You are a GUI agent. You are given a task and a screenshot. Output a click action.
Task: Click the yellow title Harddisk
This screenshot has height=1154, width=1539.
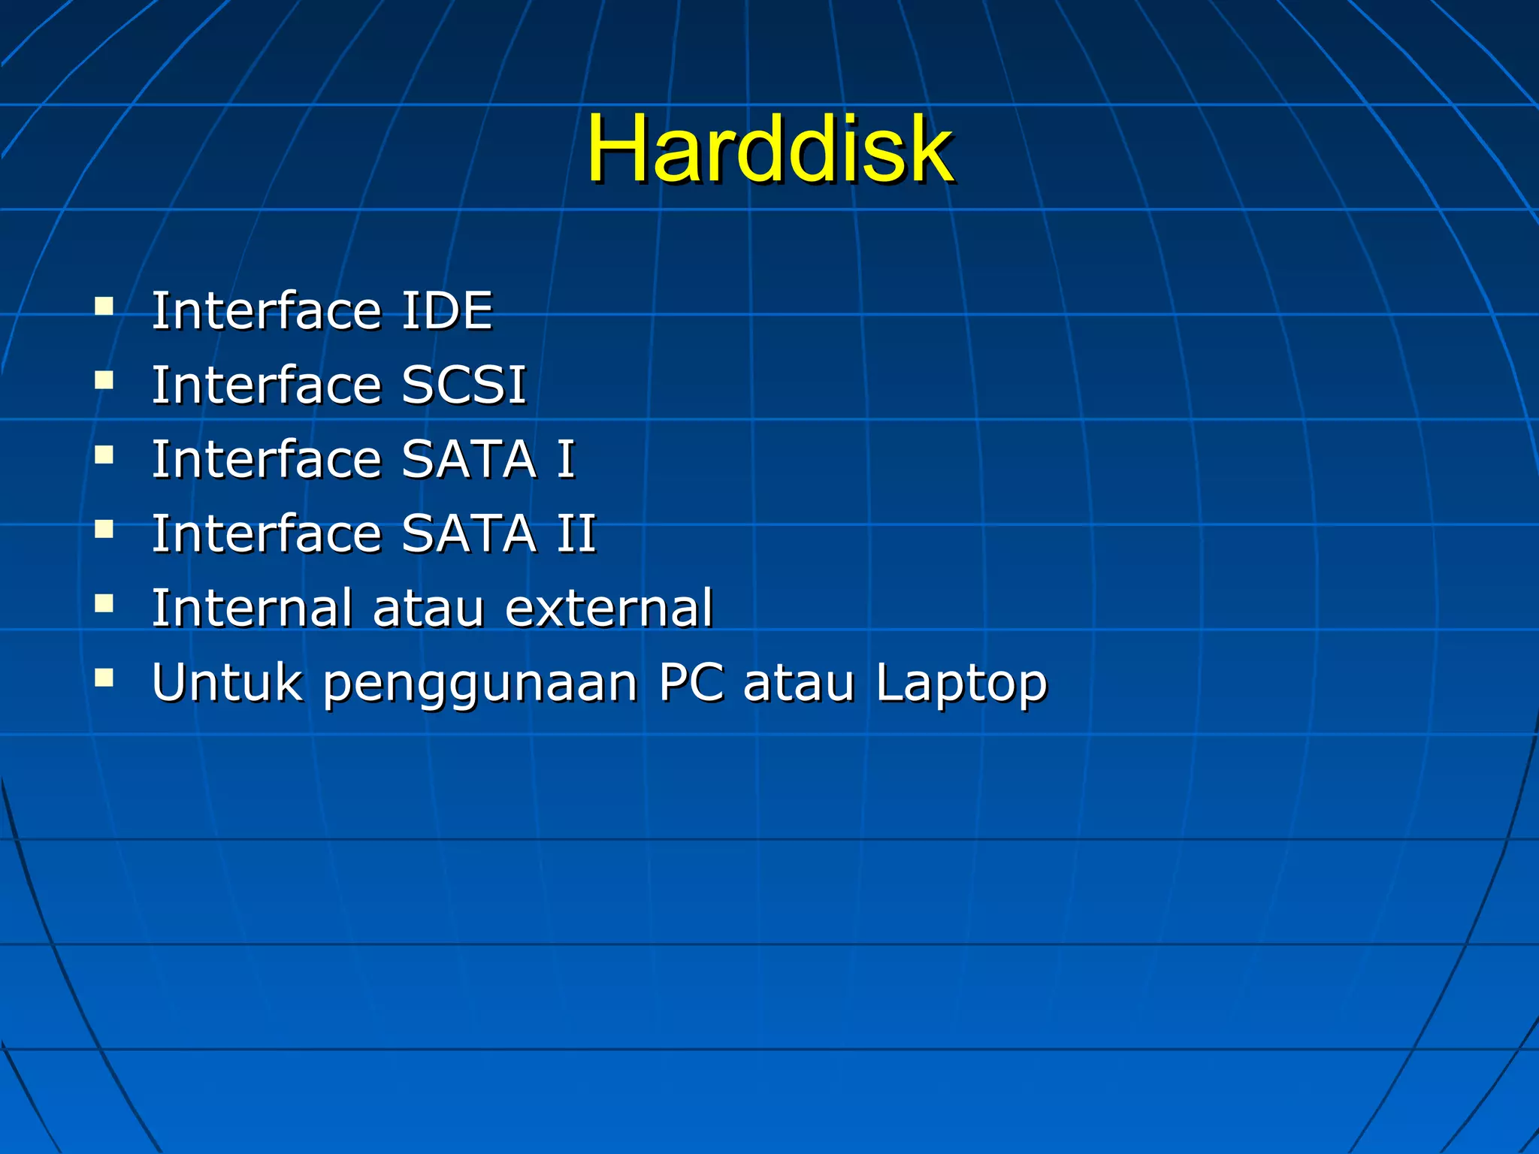pyautogui.click(x=769, y=148)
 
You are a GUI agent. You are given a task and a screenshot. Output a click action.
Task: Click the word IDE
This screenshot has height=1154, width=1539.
pyautogui.click(x=447, y=310)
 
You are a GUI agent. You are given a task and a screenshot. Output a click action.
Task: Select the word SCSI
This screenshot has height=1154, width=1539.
pyautogui.click(x=464, y=385)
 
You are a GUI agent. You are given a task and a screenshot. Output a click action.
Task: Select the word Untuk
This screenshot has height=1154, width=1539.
pyautogui.click(x=227, y=682)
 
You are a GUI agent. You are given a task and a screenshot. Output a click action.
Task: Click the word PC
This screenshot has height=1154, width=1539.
pyautogui.click(x=691, y=682)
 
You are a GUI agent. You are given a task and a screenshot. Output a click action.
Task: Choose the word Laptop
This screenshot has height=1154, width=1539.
pyautogui.click(x=960, y=684)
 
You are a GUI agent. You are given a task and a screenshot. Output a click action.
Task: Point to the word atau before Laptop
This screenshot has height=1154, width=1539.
pyautogui.click(x=798, y=684)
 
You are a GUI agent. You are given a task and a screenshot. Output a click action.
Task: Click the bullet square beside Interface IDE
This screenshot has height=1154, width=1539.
pyautogui.click(x=104, y=306)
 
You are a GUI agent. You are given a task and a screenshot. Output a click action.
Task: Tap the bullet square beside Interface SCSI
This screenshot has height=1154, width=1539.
pyautogui.click(x=104, y=380)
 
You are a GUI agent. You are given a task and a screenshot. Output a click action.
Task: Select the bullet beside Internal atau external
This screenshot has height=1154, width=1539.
pyautogui.click(x=104, y=603)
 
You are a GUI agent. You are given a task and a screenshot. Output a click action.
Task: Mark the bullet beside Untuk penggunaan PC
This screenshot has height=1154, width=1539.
pyautogui.click(x=104, y=678)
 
